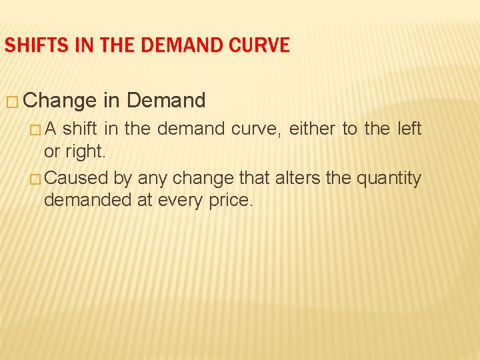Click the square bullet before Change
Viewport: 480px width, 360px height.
[x=12, y=101]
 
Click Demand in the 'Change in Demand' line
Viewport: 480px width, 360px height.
[x=166, y=101]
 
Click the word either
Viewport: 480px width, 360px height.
[x=313, y=129]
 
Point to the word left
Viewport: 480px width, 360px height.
[x=409, y=129]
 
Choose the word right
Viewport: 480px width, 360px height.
[x=85, y=152]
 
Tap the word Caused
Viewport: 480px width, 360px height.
[x=71, y=178]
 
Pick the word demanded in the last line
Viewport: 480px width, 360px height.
[x=88, y=200]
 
